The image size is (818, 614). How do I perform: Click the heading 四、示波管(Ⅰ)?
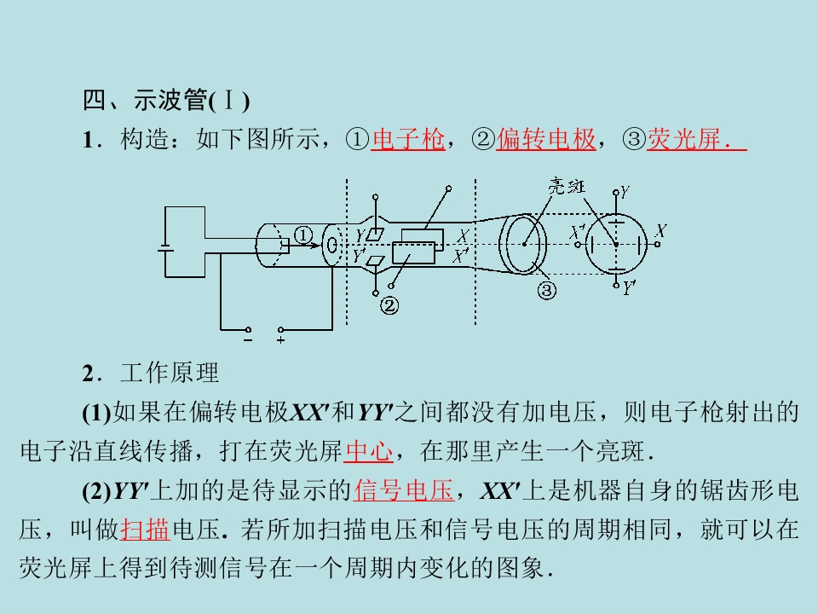(166, 100)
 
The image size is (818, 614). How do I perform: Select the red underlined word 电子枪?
(408, 139)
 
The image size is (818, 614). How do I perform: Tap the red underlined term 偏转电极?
(545, 139)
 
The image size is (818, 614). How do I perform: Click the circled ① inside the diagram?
(303, 235)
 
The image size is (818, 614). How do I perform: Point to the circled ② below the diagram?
(389, 305)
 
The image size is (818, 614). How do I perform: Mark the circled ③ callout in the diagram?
(547, 290)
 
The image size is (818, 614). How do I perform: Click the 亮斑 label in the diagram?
(567, 187)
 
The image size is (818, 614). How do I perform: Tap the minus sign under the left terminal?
(248, 340)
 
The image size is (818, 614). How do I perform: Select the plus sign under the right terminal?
(280, 340)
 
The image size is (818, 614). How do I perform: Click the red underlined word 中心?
(368, 451)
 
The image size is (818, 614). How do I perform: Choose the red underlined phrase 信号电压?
(404, 490)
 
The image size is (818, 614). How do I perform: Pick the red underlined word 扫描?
(145, 530)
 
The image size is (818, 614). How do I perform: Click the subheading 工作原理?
(170, 373)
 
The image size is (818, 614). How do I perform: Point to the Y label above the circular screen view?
(625, 192)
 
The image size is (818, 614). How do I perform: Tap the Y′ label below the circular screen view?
(629, 287)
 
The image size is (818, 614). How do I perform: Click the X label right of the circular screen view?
(661, 230)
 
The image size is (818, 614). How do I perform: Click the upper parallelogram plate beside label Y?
(375, 235)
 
